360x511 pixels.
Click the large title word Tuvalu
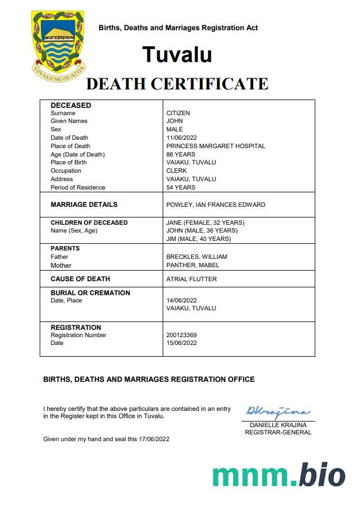pos(177,54)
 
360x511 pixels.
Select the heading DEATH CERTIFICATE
pos(177,84)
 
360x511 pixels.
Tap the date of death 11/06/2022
pos(182,138)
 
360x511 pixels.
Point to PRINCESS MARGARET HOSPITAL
pos(216,146)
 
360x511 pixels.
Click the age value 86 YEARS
pos(181,154)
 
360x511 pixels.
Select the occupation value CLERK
pos(177,171)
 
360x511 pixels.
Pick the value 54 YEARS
pos(181,187)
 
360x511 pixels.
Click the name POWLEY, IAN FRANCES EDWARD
pos(216,205)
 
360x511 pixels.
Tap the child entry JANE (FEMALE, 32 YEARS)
pos(205,223)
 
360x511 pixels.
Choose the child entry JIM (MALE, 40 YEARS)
pos(198,239)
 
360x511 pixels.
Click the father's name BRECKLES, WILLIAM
pos(196,257)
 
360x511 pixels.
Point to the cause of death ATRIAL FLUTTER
pos(191,279)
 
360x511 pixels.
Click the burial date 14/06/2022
pos(182,300)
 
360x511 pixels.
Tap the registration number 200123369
pos(182,335)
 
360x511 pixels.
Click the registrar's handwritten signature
pos(276,413)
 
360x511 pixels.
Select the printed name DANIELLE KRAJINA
pos(278,425)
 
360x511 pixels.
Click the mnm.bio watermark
pos(278,475)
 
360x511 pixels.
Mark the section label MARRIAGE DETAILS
pos(84,205)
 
